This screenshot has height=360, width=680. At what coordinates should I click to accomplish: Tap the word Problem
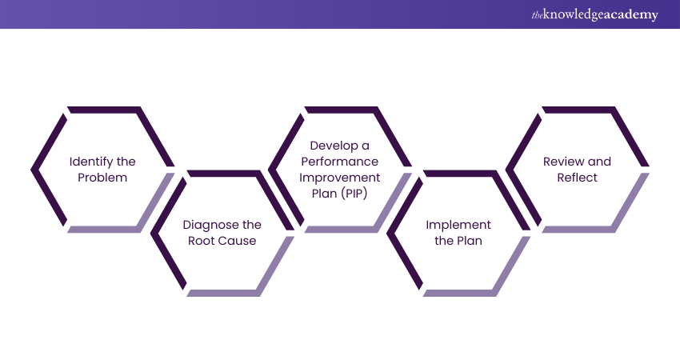click(102, 178)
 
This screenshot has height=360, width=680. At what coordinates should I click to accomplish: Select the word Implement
click(458, 225)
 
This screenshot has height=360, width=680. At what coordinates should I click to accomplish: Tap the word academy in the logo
click(632, 14)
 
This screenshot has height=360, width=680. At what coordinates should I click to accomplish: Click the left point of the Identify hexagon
click(34, 170)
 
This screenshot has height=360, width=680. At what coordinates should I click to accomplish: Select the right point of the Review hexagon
click(646, 170)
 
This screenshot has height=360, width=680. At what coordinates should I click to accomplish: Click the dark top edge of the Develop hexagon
click(340, 110)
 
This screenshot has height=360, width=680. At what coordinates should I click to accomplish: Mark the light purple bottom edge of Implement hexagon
click(460, 293)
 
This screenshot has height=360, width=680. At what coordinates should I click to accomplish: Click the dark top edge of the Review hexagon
click(578, 110)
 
